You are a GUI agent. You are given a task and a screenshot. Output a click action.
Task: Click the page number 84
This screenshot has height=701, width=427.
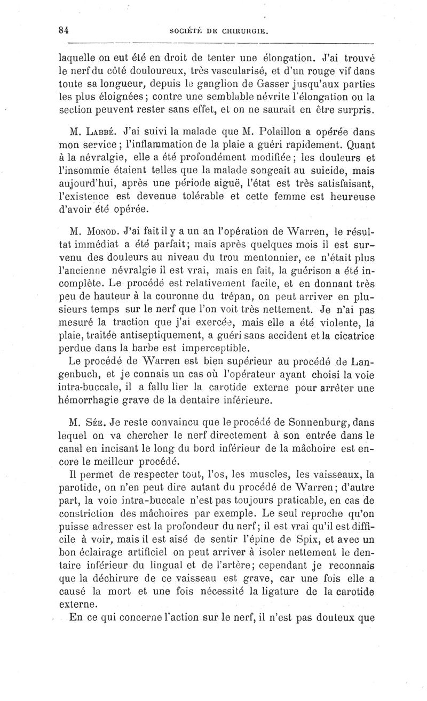pyautogui.click(x=65, y=30)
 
